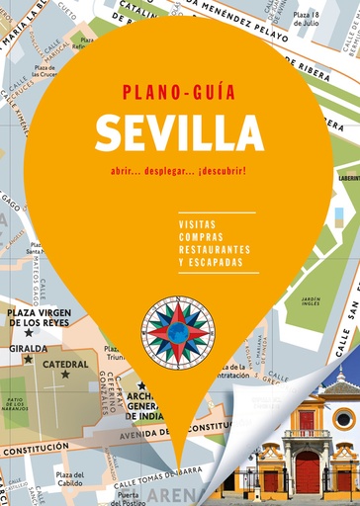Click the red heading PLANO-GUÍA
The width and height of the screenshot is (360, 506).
click(x=178, y=93)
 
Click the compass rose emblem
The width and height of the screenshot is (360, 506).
click(x=177, y=331)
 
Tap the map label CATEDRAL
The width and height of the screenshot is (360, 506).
click(x=66, y=363)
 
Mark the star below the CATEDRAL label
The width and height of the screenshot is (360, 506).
click(x=65, y=375)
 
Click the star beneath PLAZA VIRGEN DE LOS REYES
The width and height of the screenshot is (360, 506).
click(x=29, y=332)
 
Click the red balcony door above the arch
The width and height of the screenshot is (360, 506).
click(x=307, y=420)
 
